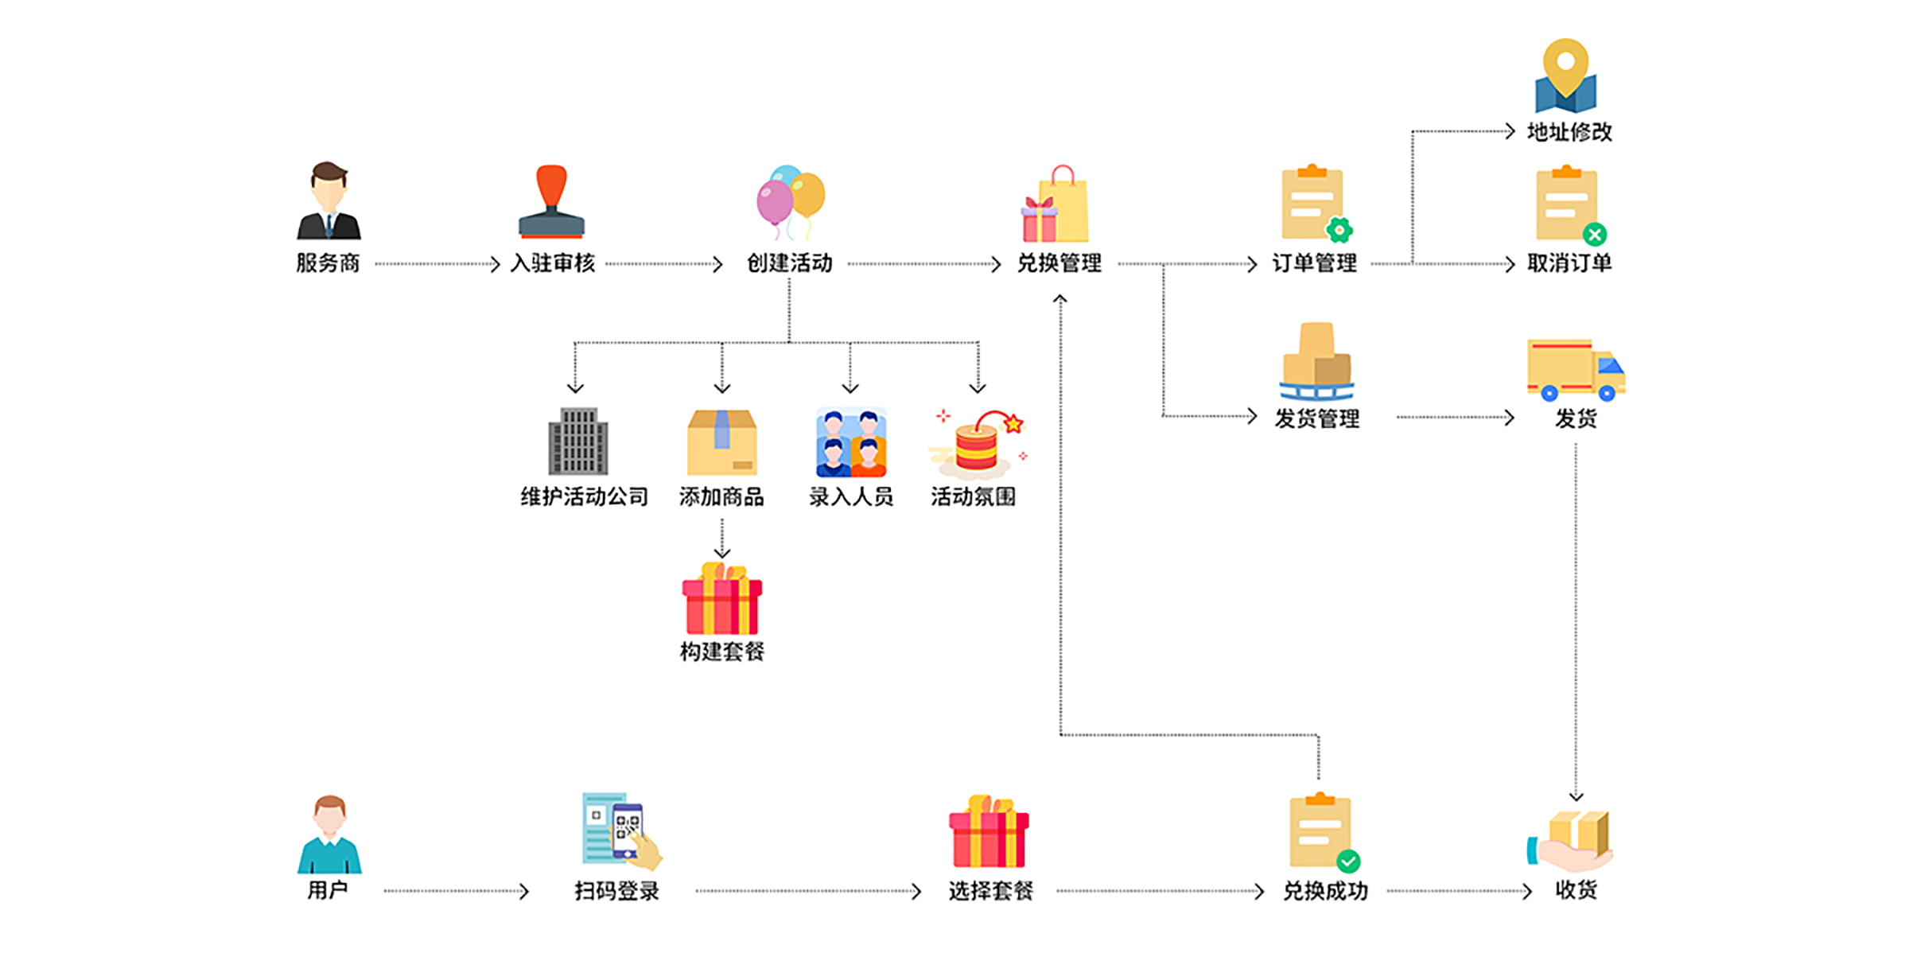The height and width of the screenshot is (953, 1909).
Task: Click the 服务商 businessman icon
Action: (329, 201)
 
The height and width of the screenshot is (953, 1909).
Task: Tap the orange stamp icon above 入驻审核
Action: (551, 201)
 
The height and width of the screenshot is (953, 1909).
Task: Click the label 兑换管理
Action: (1059, 263)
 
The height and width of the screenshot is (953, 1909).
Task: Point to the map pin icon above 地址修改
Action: (1565, 76)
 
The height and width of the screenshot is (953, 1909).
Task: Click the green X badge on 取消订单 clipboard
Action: (1594, 234)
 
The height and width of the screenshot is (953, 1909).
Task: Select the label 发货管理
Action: (1317, 418)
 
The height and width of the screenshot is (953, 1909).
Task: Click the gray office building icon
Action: (578, 441)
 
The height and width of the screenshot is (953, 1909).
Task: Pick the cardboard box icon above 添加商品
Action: (721, 441)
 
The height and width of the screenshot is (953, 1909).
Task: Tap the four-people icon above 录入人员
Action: (850, 441)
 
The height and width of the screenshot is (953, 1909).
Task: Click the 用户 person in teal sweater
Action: (329, 834)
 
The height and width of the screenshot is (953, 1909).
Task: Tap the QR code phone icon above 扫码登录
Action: (621, 830)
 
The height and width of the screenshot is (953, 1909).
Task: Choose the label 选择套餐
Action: (990, 891)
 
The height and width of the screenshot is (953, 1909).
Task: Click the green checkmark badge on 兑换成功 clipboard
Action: (1348, 862)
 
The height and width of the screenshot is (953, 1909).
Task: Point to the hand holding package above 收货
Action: (1571, 842)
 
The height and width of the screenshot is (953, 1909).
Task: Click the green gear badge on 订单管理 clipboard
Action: (1339, 230)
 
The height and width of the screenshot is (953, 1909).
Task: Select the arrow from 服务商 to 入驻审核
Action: (437, 264)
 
